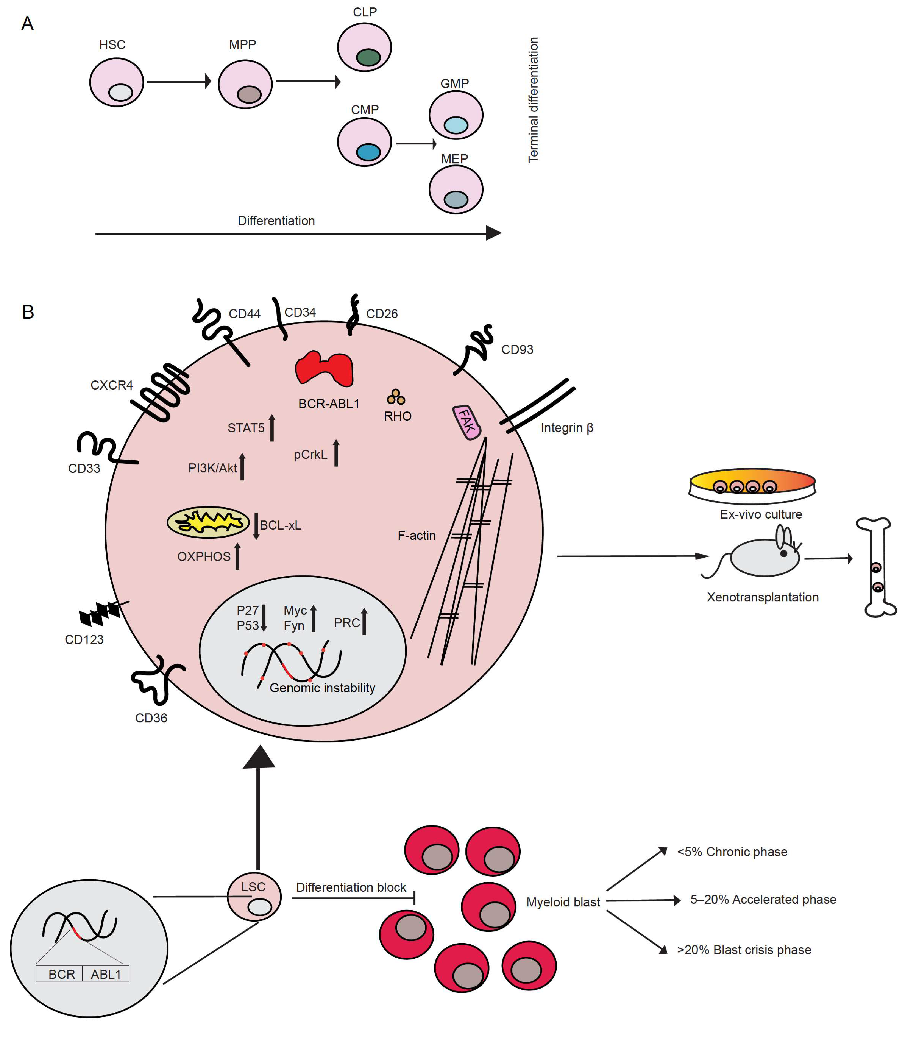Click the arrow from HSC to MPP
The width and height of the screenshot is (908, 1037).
tap(178, 81)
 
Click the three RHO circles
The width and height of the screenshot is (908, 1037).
tap(396, 397)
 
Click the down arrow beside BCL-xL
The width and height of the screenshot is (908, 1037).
tap(256, 526)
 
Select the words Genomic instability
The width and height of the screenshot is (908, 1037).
tap(322, 688)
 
